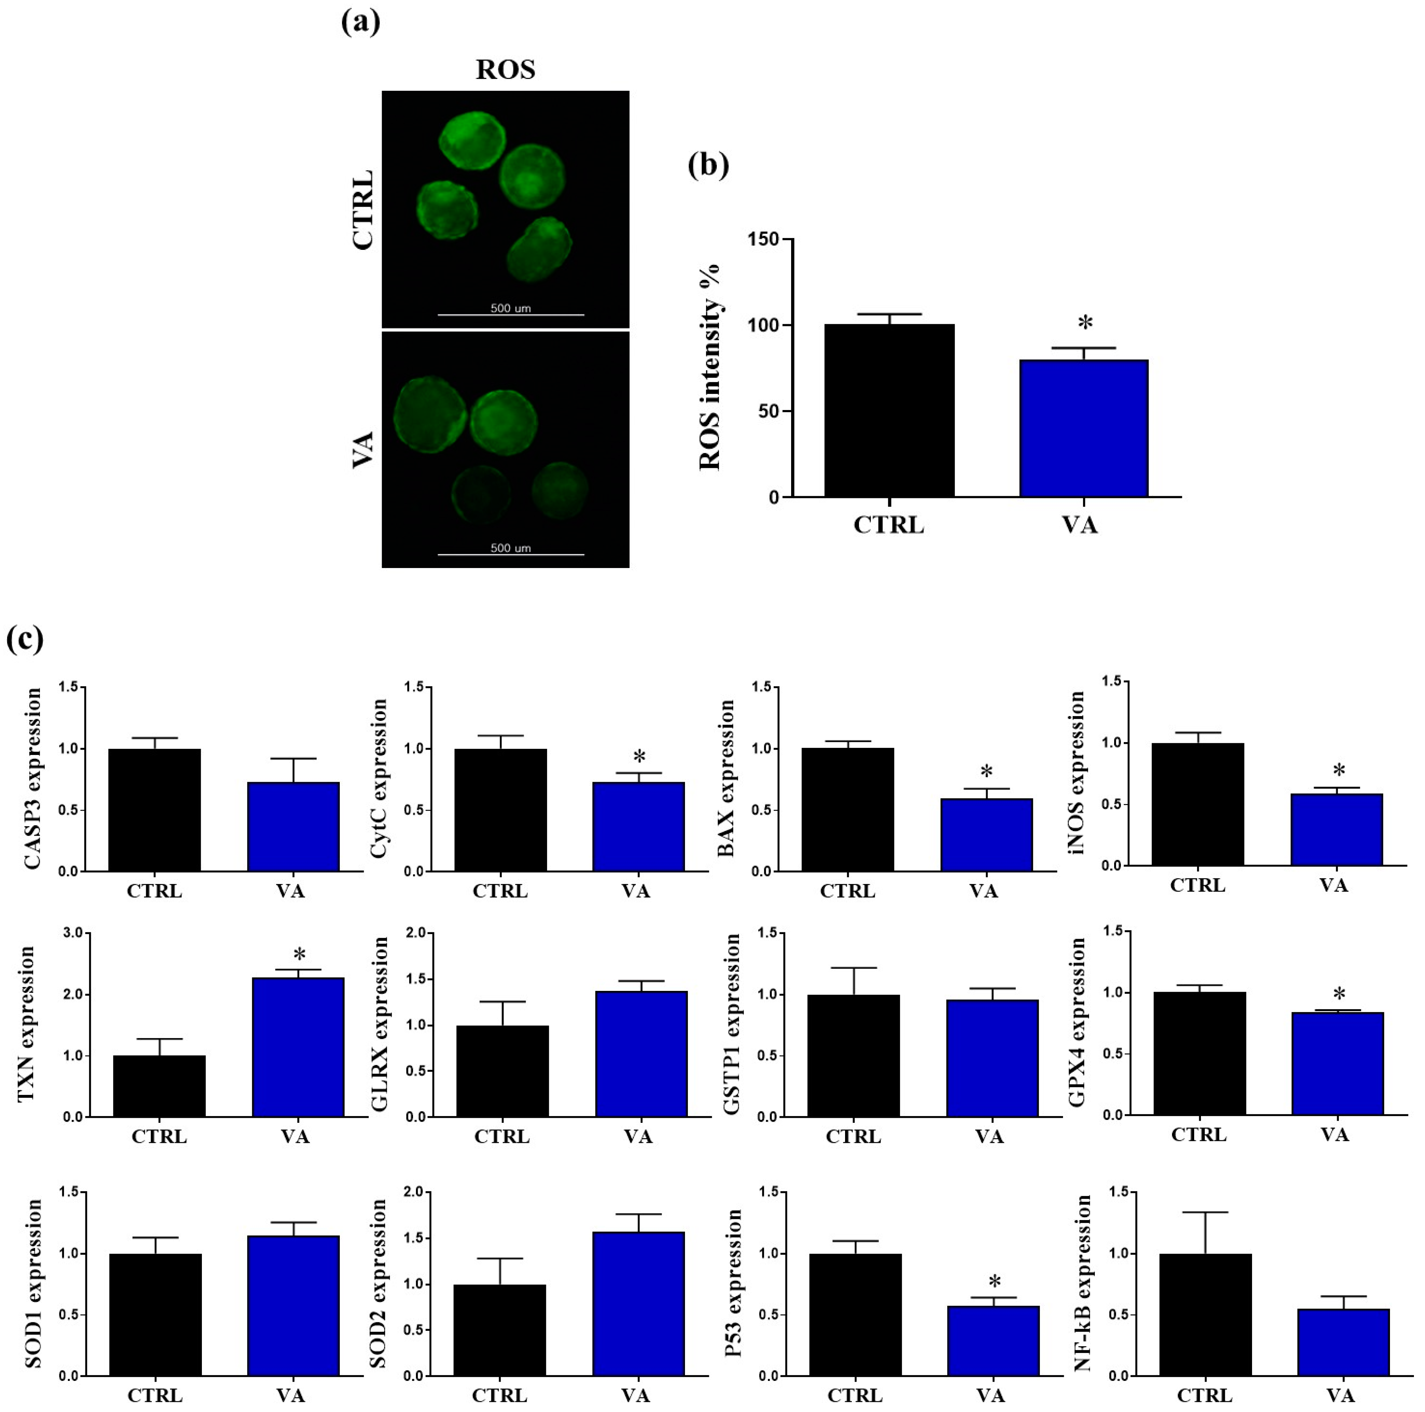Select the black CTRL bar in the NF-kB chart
pyautogui.click(x=1205, y=1315)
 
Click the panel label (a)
pyautogui.click(x=361, y=22)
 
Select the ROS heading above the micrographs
pyautogui.click(x=505, y=69)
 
